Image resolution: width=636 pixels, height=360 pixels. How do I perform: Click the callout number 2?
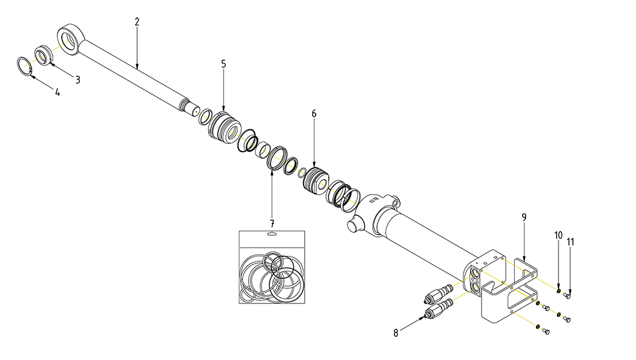[x=137, y=22]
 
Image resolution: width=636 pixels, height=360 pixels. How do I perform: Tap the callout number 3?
[x=78, y=80]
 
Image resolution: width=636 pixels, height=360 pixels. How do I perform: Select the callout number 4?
[x=58, y=92]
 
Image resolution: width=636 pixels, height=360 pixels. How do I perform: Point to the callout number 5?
[x=224, y=64]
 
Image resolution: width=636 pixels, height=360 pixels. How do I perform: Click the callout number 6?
[x=314, y=114]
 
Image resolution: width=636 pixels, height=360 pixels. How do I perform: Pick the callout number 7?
[x=272, y=224]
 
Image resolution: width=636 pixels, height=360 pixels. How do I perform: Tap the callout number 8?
[x=396, y=333]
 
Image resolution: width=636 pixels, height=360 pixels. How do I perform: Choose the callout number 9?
[x=524, y=218]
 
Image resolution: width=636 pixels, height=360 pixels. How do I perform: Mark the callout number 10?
[x=559, y=236]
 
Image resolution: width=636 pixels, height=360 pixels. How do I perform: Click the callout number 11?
[x=571, y=242]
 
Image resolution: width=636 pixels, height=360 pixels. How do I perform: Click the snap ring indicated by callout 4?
[x=25, y=66]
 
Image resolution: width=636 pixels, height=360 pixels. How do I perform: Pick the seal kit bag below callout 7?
[x=272, y=267]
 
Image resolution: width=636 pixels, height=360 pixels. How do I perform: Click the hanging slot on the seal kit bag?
[x=272, y=233]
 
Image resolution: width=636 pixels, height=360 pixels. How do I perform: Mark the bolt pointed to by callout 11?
[x=568, y=296]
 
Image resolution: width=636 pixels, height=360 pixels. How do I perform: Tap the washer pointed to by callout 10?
[x=559, y=291]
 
